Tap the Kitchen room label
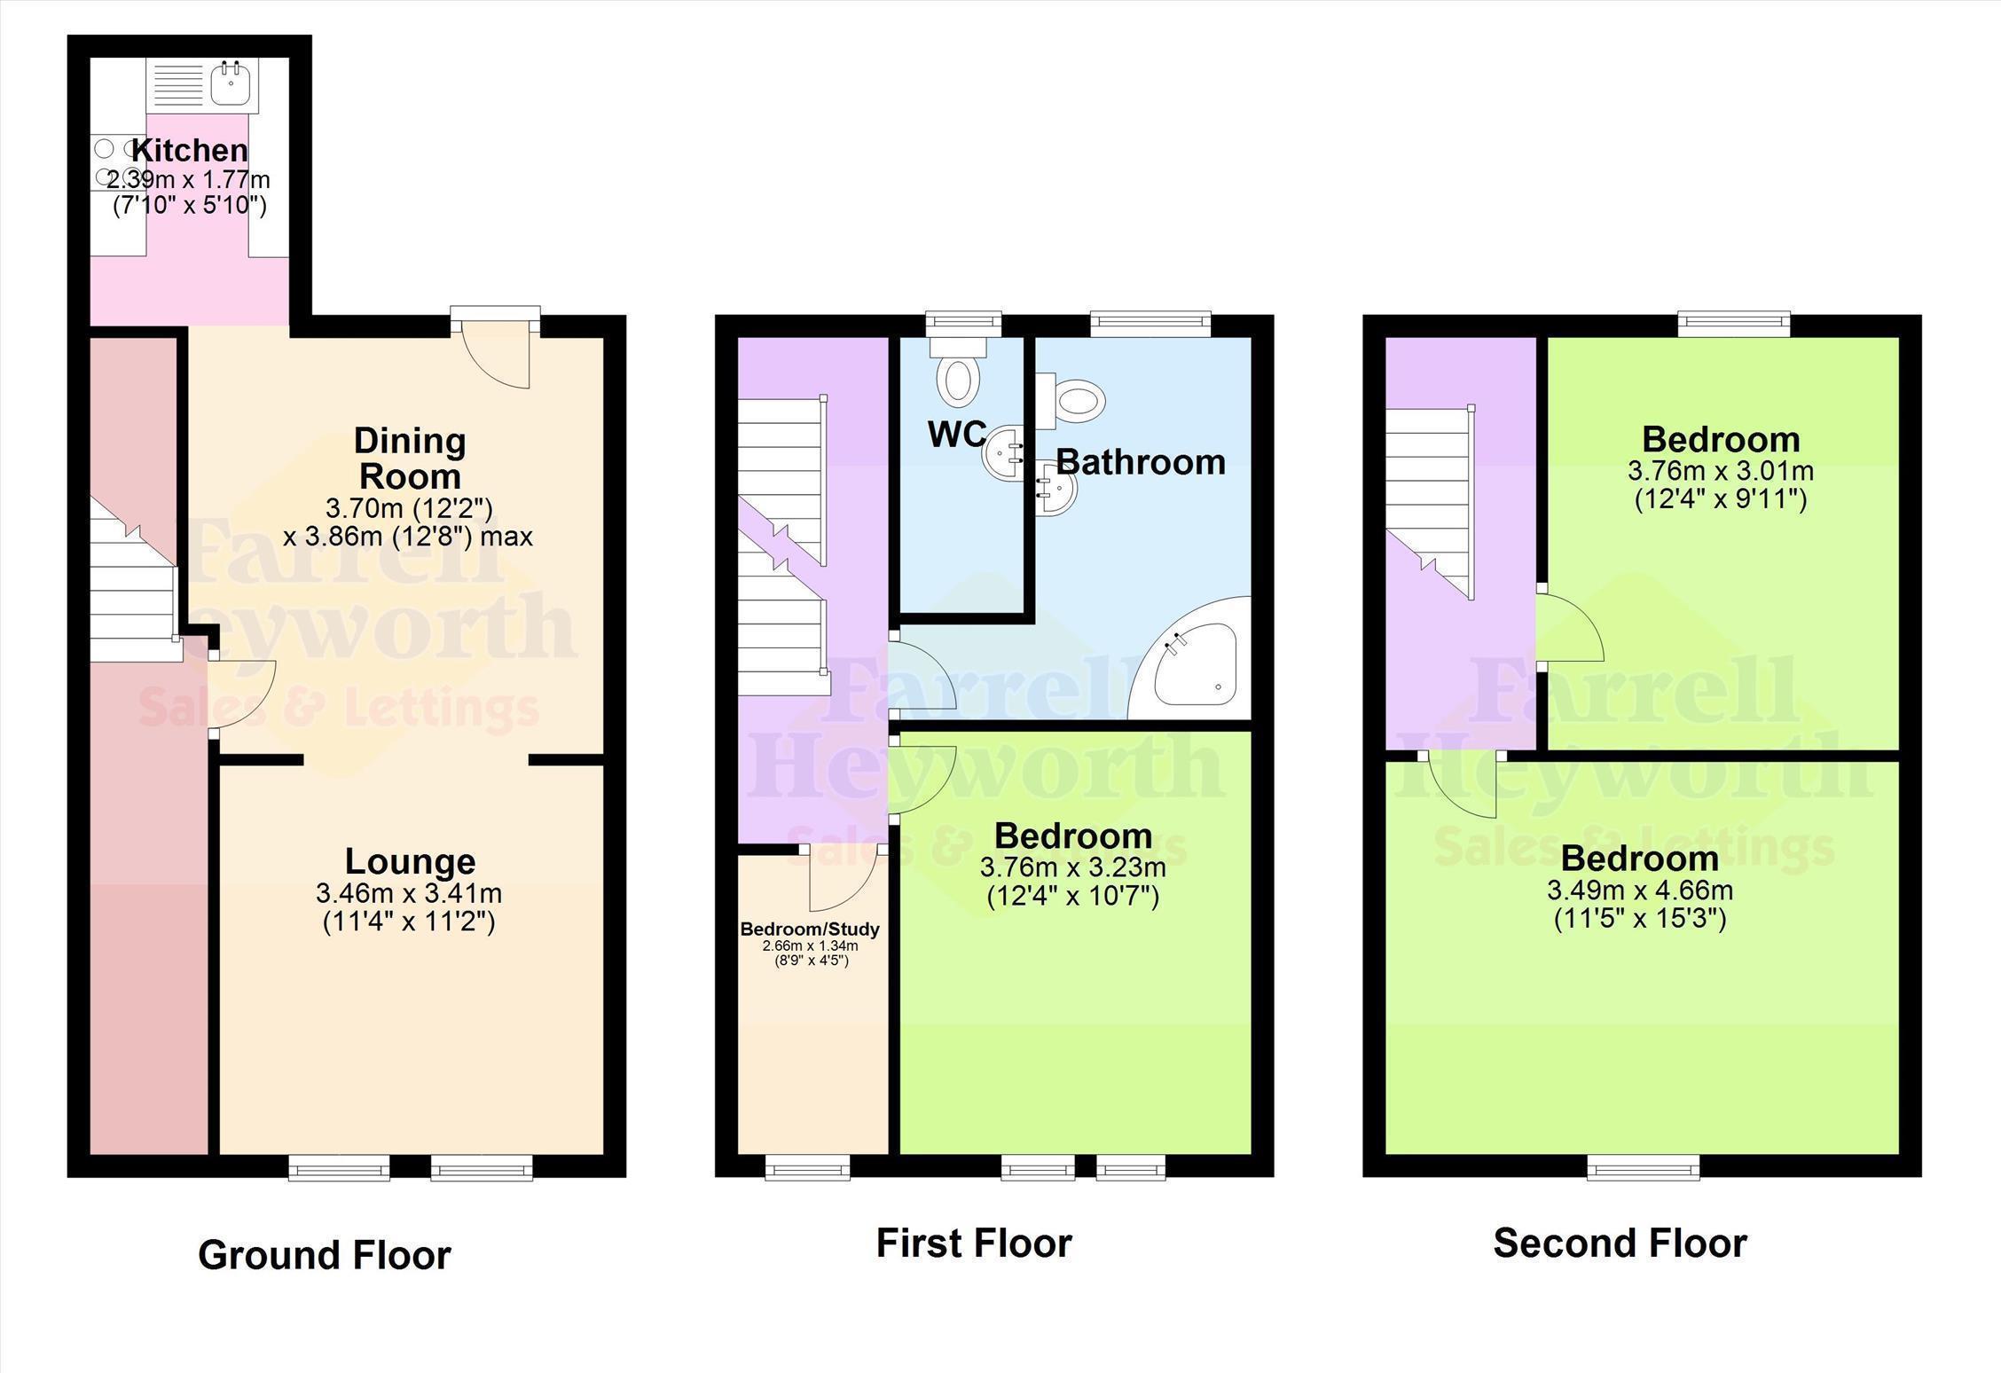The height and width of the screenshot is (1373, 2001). coord(190,150)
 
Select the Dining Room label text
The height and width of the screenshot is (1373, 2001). coord(410,458)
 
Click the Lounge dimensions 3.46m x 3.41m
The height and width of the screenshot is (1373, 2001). coord(409,892)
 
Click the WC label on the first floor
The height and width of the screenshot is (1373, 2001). coord(957,434)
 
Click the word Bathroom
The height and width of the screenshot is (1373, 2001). coord(1141,462)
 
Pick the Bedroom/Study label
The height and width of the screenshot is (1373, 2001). coord(810,929)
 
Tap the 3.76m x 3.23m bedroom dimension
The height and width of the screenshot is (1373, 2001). coord(1073,867)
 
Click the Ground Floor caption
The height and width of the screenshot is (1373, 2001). coord(325,1255)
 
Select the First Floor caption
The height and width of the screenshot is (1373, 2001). coord(974,1244)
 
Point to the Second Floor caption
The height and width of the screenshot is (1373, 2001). coord(1620,1244)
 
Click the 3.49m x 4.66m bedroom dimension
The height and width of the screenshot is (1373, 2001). coord(1640,890)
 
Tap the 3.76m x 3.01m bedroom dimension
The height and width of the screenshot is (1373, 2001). coord(1721,470)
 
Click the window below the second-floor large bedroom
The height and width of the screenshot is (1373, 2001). coord(1644,1166)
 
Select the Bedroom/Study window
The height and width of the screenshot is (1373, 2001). coord(807,1166)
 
